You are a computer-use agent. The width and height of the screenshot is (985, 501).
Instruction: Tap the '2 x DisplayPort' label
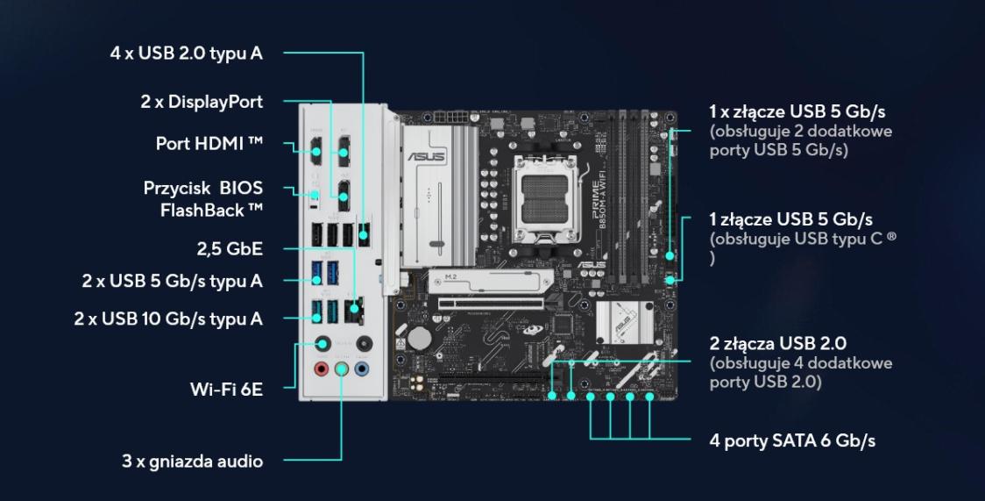(201, 102)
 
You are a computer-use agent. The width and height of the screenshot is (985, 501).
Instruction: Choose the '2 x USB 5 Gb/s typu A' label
(172, 281)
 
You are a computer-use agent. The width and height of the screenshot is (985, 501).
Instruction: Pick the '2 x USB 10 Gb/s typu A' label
(167, 318)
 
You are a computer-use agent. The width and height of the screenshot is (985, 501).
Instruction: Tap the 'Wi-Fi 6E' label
(226, 389)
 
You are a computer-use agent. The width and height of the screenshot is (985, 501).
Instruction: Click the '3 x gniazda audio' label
(193, 461)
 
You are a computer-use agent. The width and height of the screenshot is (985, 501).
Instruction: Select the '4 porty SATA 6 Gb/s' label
(792, 440)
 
